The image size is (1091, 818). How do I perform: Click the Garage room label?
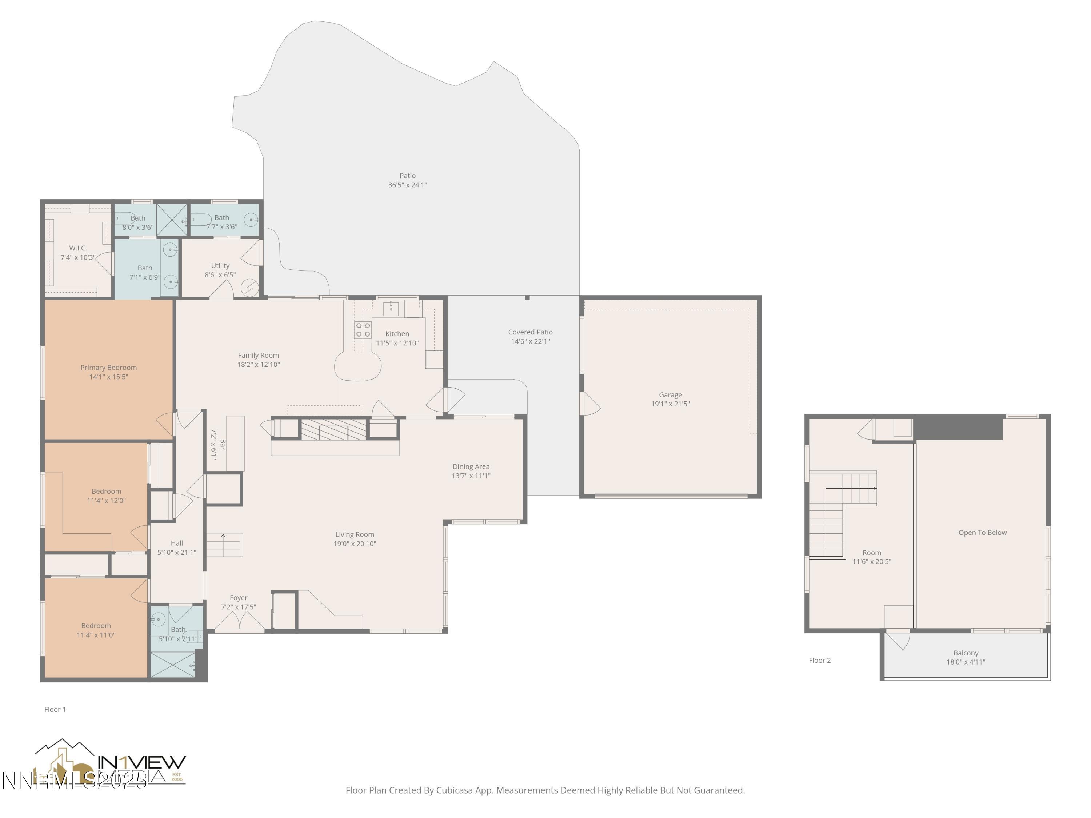click(x=670, y=394)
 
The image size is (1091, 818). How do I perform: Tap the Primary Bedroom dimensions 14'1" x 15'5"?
click(x=108, y=377)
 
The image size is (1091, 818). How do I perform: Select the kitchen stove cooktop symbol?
click(x=363, y=329)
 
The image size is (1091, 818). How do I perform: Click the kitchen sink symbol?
click(x=391, y=309)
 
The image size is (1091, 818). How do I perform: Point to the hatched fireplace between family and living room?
click(x=333, y=429)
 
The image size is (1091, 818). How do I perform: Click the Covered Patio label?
click(x=530, y=332)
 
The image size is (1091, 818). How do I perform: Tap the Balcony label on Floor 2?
click(x=965, y=653)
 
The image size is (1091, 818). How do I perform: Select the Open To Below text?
click(x=982, y=533)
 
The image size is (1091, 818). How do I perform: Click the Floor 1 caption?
click(x=55, y=709)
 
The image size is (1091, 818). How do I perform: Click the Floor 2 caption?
click(x=819, y=660)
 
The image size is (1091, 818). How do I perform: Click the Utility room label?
click(x=220, y=265)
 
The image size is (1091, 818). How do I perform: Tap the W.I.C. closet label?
click(x=78, y=248)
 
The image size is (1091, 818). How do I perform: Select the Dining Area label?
click(x=471, y=466)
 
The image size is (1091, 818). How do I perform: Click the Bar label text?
click(x=223, y=444)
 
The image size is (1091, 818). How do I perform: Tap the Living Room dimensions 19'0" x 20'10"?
click(x=355, y=544)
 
